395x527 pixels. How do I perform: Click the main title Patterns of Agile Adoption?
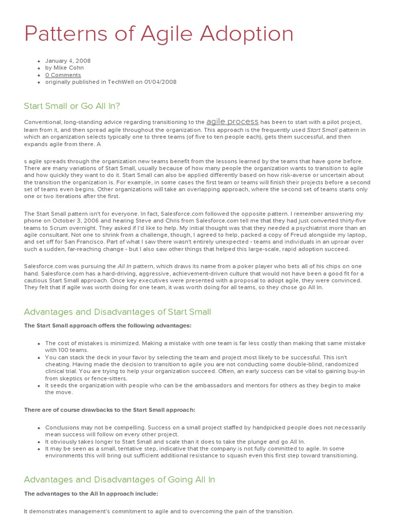click(x=159, y=34)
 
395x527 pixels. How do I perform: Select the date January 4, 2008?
click(x=68, y=60)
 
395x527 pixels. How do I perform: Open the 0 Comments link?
click(x=63, y=75)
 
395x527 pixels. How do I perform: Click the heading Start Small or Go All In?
click(x=72, y=106)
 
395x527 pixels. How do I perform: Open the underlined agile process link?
click(x=232, y=121)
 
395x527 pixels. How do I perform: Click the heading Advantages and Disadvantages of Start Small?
click(x=117, y=312)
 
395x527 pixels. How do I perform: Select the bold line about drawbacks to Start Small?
click(x=110, y=410)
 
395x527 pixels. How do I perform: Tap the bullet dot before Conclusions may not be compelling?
click(x=39, y=428)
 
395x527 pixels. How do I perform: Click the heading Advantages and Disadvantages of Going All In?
click(x=119, y=479)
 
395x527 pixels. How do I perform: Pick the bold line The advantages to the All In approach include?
click(x=91, y=494)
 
